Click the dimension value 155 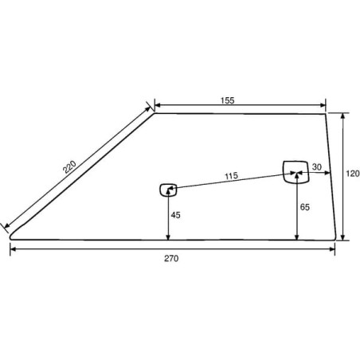[228, 100]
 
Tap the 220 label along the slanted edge [69, 167]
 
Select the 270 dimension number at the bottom [171, 258]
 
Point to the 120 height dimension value [353, 174]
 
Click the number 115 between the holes [232, 176]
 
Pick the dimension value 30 [317, 167]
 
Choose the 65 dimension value [305, 207]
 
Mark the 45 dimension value [175, 215]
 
